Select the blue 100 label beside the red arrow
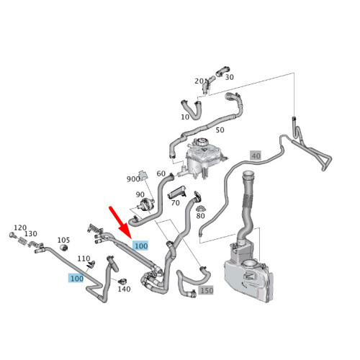point(141,246)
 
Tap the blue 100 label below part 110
point(76,278)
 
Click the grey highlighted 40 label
point(256,156)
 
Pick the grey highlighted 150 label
point(206,290)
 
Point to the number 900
point(133,179)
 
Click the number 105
point(63,240)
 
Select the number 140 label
point(124,289)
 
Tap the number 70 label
point(176,203)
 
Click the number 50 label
point(220,130)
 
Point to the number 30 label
point(230,77)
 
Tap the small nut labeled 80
point(200,208)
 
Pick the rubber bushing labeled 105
point(63,248)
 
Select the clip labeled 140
point(123,282)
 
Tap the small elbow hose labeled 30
point(222,71)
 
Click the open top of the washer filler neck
point(248,174)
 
